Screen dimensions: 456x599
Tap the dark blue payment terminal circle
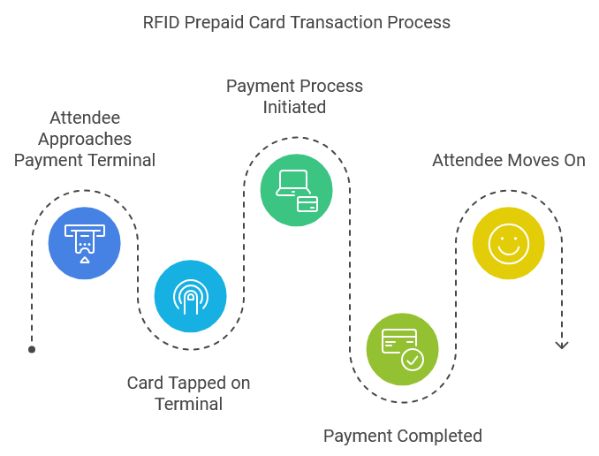(85, 243)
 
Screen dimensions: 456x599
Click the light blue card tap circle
(191, 296)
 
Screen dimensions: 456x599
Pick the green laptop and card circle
(297, 190)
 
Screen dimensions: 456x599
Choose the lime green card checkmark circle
(402, 349)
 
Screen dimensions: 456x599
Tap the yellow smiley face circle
(508, 243)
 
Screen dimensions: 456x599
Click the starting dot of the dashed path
(32, 349)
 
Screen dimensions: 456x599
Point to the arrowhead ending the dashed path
(561, 345)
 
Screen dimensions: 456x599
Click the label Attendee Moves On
(508, 160)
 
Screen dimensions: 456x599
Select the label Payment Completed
(402, 436)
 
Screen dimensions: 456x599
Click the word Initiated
(294, 107)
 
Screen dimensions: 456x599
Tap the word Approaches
(85, 139)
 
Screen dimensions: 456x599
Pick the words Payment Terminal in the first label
(85, 160)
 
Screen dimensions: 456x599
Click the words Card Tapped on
(188, 383)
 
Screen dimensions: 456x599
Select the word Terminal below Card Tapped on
(188, 404)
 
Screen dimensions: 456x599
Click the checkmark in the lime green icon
(412, 359)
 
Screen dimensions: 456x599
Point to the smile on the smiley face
(508, 250)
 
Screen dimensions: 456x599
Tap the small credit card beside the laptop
(307, 203)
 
